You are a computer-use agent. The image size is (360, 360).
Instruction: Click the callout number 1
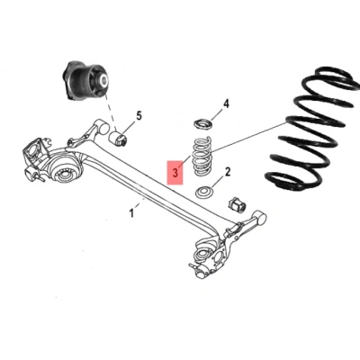click(131, 213)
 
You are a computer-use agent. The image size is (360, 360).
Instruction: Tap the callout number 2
click(228, 172)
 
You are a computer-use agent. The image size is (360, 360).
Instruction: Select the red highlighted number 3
click(175, 173)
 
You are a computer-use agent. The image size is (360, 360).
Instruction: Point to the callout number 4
click(226, 103)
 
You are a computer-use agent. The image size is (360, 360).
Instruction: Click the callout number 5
click(139, 115)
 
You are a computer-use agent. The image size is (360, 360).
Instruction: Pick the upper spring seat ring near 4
click(202, 123)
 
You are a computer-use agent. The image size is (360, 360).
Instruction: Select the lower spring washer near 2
click(204, 192)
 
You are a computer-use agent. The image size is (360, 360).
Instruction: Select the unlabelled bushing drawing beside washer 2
click(238, 204)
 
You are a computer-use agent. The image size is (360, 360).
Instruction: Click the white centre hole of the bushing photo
click(103, 81)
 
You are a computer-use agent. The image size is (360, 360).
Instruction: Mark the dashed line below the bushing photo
click(110, 112)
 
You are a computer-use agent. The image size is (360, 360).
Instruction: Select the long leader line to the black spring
click(249, 136)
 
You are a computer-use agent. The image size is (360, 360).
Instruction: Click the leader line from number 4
click(217, 115)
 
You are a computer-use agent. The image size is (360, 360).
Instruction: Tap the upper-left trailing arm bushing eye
click(101, 127)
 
